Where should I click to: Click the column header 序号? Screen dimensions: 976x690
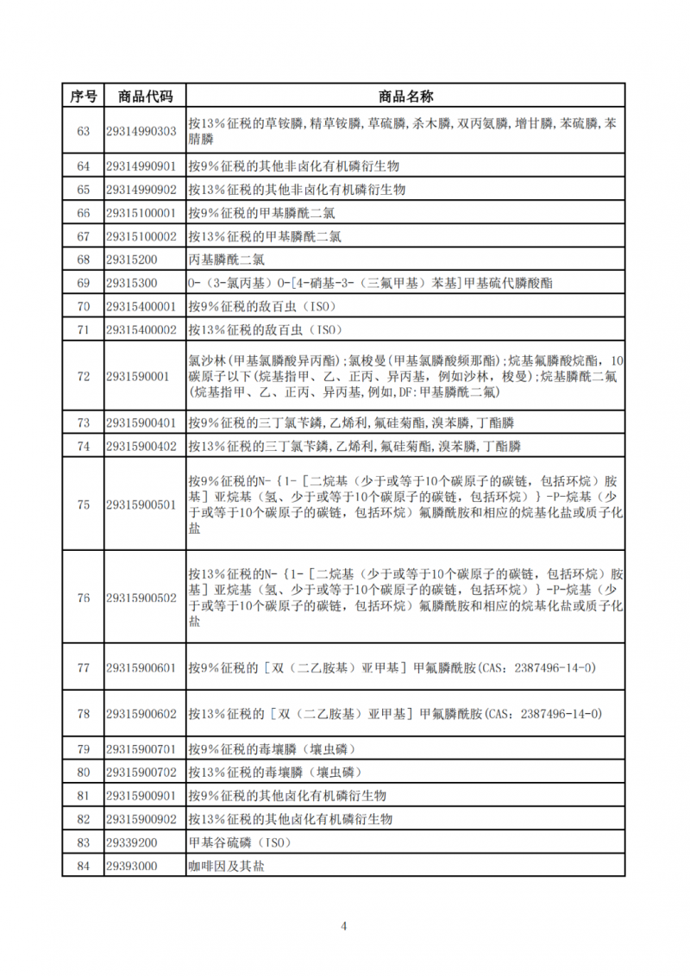pos(83,95)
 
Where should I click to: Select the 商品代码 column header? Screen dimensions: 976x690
pos(145,95)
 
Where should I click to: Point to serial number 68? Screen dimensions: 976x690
pos(83,260)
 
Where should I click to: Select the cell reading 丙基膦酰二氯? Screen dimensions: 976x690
pos(226,260)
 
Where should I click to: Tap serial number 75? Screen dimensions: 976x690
pos(83,505)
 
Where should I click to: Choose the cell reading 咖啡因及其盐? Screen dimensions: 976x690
pos(227,865)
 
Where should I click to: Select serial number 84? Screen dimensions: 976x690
pos(83,865)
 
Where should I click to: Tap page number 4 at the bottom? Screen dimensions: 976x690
pos(344,927)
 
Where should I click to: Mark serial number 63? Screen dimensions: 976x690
pos(83,131)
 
